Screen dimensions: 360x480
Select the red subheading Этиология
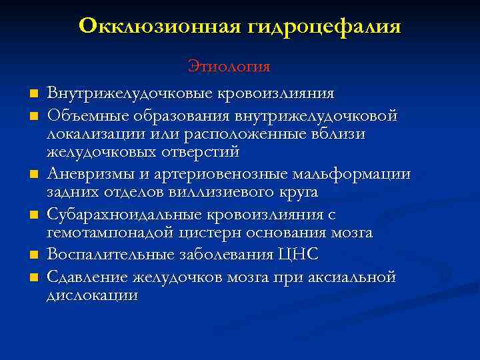[x=229, y=66]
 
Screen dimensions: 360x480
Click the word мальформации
[x=351, y=175]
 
